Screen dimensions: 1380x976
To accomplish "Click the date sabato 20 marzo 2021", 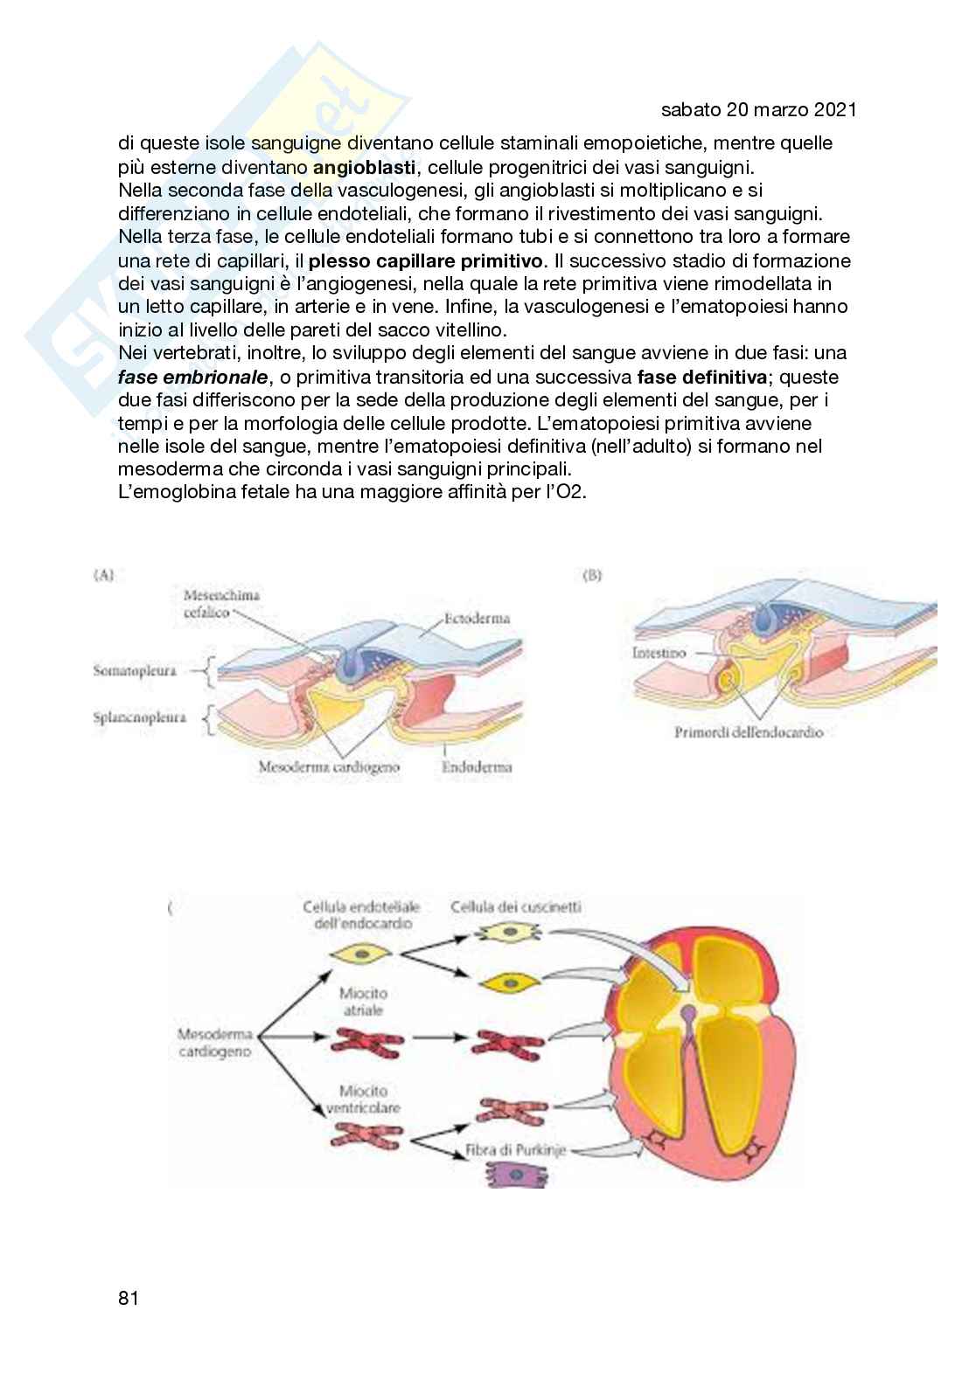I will point(758,110).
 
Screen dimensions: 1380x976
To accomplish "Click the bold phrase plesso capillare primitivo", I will point(426,260).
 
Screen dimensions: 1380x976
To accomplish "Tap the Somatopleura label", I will point(135,671).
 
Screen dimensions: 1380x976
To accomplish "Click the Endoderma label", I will point(477,767).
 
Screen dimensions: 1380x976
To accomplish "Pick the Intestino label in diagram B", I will point(659,653).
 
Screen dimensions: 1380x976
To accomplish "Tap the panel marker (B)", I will point(591,576).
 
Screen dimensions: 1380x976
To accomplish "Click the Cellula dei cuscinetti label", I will point(515,906).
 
